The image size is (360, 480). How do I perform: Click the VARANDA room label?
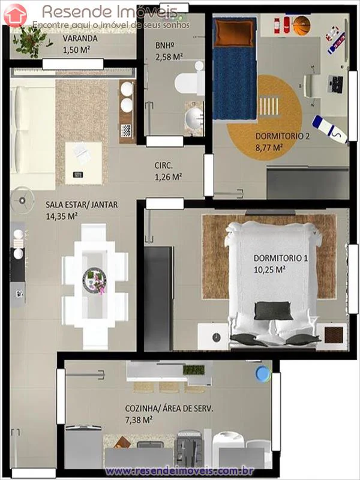(80, 39)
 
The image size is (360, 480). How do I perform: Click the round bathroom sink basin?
(193, 120)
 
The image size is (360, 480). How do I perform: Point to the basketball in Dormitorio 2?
(301, 25)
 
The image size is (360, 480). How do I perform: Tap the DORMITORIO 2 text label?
(283, 136)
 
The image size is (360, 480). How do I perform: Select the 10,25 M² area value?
(269, 269)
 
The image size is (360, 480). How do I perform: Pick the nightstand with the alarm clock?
(213, 337)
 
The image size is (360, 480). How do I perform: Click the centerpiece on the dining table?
(95, 278)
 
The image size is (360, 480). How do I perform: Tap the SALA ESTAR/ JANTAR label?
(82, 205)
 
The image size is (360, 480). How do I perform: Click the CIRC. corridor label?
(164, 166)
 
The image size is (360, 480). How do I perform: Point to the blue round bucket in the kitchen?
(262, 373)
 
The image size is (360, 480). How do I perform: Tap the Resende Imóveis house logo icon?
(14, 14)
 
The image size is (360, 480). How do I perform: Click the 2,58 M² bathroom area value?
(169, 56)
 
